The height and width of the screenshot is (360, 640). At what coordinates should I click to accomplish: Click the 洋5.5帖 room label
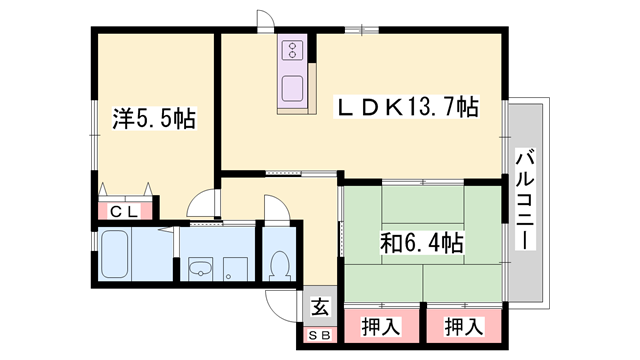152,118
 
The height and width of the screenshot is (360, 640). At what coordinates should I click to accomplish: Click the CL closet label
124,211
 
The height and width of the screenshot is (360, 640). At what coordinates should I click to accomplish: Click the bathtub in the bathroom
113,257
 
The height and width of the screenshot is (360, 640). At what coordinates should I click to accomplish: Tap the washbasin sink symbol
200,266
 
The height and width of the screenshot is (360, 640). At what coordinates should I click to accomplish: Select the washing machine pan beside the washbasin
236,267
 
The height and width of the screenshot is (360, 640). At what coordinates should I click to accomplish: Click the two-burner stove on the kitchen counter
295,50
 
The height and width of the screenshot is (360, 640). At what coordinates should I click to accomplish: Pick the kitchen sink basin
294,87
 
